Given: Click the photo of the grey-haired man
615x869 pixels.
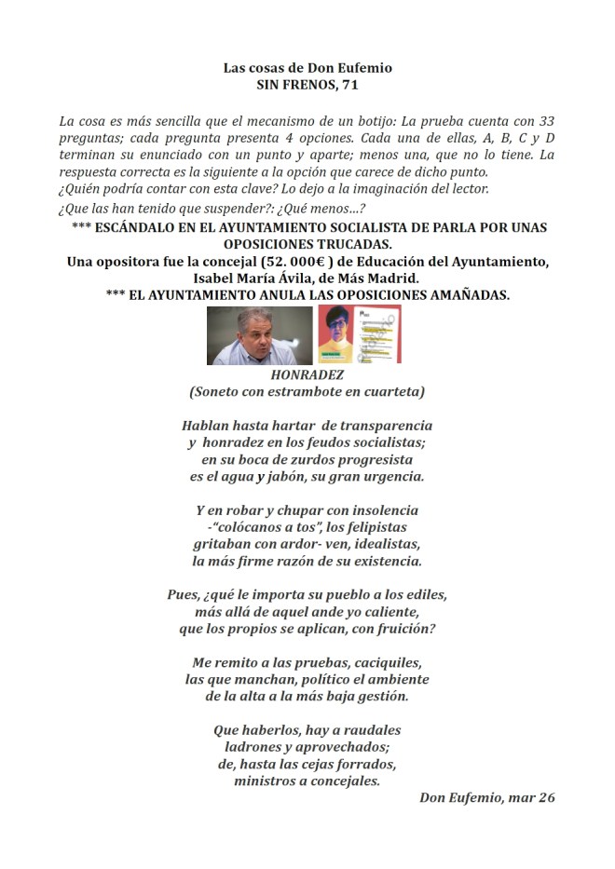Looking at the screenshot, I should coord(259,334).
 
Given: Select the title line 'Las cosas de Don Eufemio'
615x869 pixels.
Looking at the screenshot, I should coord(307,68).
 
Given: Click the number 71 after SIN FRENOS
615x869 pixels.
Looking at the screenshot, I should coord(347,84).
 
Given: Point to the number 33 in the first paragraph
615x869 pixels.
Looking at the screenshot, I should coord(545,122).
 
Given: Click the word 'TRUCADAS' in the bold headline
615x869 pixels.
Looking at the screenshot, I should coord(368,244).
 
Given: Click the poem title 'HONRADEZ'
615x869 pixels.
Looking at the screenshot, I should coord(307,374).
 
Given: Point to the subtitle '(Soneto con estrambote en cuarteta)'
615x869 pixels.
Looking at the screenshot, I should coord(307,391).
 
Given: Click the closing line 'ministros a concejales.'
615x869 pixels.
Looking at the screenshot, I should coord(307,781).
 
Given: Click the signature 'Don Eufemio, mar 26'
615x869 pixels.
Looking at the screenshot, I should coord(487,798).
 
